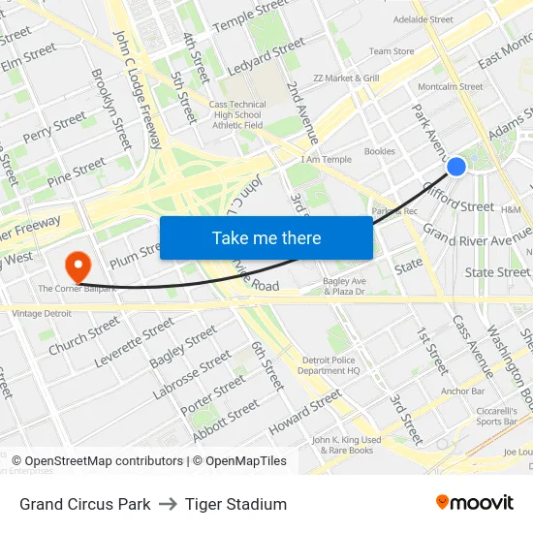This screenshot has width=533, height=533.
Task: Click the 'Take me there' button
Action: [x=266, y=238]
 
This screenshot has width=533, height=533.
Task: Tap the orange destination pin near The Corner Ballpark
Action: [x=76, y=264]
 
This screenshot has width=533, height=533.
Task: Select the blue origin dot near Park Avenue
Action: [x=456, y=167]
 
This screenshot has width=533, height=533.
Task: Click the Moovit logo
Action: [x=474, y=503]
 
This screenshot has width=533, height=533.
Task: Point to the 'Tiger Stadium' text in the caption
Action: [x=235, y=504]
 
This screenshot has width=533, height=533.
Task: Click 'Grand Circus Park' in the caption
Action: [x=85, y=504]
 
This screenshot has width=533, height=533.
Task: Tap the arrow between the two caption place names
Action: [x=168, y=504]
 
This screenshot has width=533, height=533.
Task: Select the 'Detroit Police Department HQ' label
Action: [x=329, y=364]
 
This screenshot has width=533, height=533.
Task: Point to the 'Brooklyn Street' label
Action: [x=110, y=108]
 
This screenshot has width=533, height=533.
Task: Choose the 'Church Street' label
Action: [x=84, y=335]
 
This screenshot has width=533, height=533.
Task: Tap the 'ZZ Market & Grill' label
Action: [x=346, y=78]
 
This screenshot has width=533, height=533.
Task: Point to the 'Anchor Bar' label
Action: [x=462, y=392]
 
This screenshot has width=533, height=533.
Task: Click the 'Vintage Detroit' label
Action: [x=42, y=313]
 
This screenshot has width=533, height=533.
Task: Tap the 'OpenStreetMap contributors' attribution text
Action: [x=104, y=461]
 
